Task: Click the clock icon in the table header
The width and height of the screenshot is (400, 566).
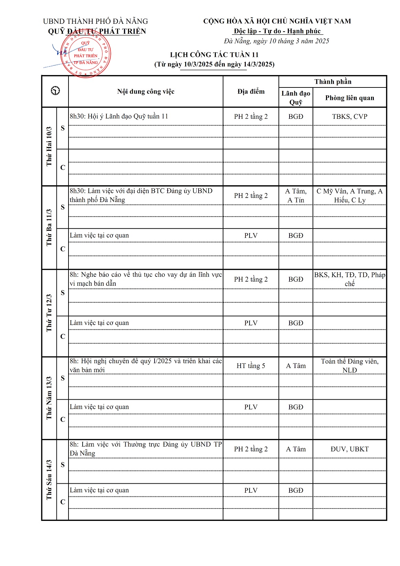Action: point(55,91)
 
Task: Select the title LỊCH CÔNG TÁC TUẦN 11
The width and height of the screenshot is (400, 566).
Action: point(214,55)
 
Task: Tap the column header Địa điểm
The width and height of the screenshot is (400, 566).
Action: point(251,91)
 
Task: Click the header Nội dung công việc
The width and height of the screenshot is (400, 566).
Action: point(146,91)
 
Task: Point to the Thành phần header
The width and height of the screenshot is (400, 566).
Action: point(333,82)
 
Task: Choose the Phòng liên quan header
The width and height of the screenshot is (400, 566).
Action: point(349,98)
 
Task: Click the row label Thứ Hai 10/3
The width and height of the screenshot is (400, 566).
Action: point(49,146)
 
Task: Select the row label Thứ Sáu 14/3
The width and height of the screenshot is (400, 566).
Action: point(49,480)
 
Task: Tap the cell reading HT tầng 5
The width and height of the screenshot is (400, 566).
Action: point(251,366)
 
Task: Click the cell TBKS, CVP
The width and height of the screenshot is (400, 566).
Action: point(349,116)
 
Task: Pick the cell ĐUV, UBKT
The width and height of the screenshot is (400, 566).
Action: point(349,449)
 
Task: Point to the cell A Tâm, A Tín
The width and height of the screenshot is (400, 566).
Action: point(296,196)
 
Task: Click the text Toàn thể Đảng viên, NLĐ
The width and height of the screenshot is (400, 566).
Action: point(349,366)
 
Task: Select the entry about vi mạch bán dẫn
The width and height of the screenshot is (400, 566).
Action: point(146,279)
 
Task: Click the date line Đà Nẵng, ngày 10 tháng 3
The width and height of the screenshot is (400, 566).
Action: point(276,41)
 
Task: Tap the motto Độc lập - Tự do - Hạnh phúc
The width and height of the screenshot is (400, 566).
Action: point(277,31)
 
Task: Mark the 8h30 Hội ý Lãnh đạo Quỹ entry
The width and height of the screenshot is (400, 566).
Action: point(119,116)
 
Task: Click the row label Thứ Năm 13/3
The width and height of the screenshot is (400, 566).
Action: point(49,398)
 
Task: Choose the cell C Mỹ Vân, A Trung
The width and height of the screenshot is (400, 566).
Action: point(349,196)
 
